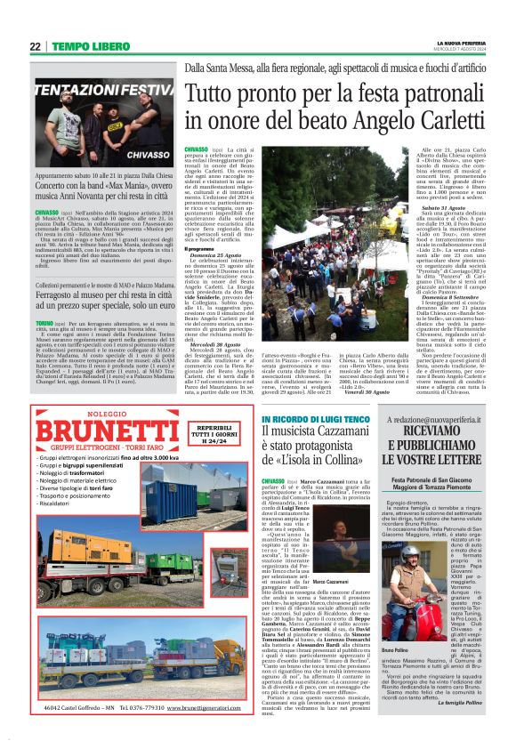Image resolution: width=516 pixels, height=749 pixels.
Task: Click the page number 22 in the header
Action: point(34,46)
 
